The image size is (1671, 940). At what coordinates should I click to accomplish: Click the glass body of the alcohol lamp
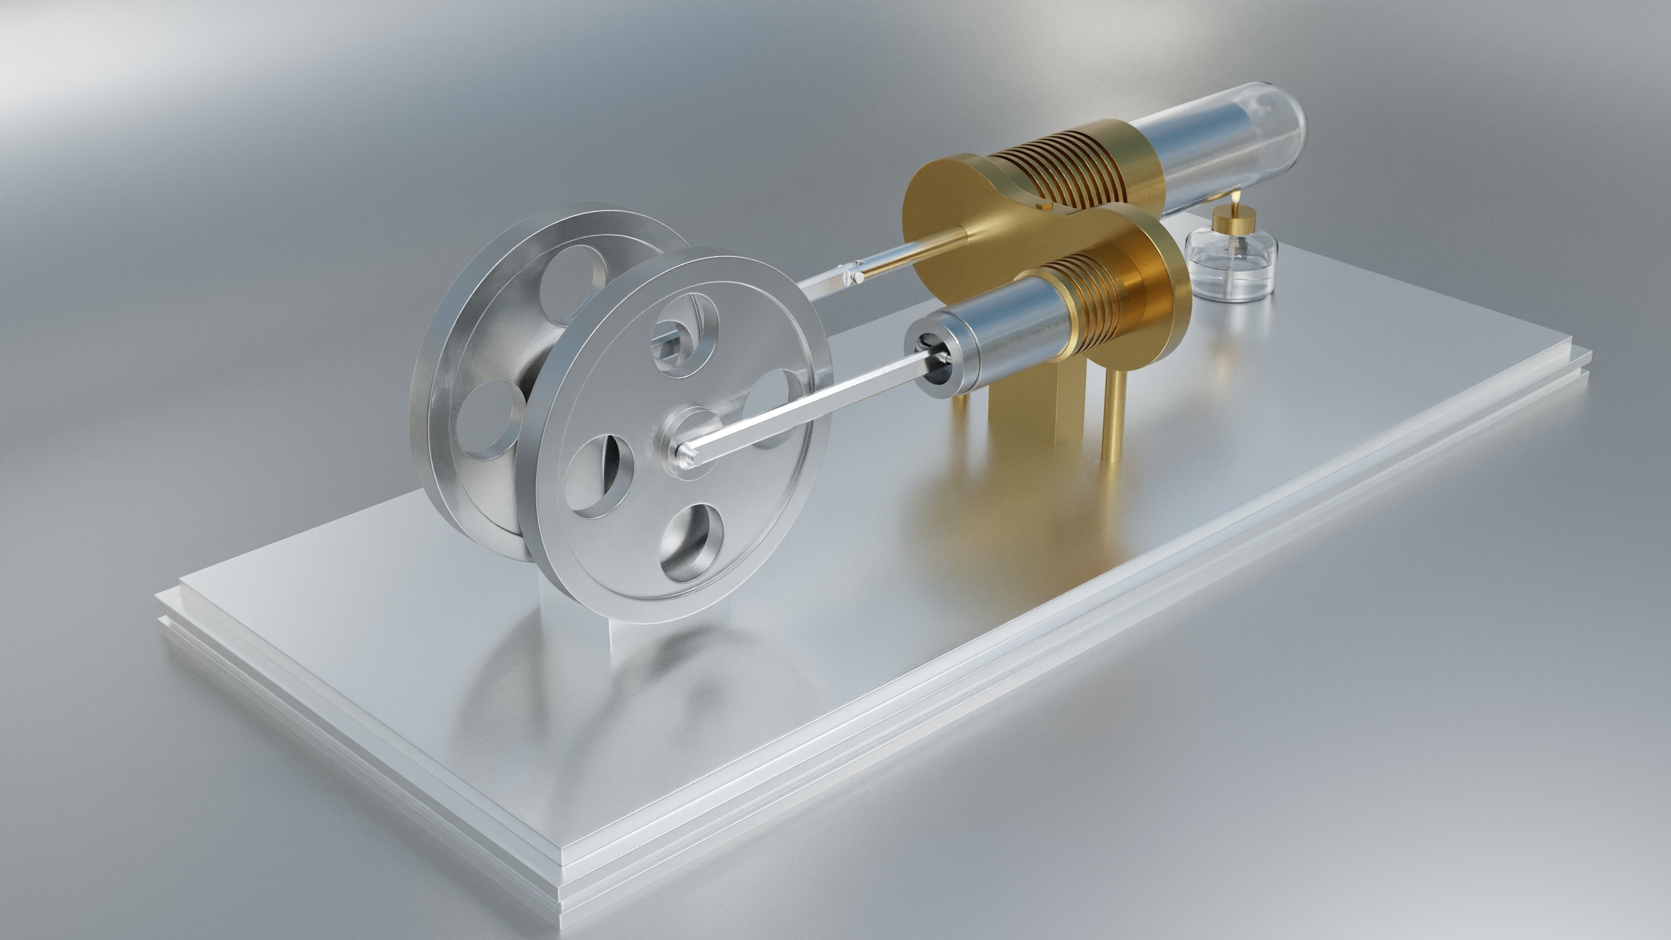tap(1231, 269)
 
